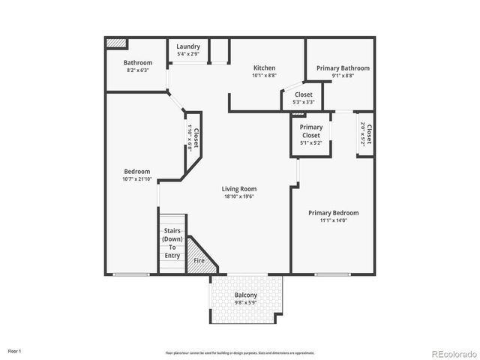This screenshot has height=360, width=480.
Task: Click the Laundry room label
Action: point(188,46)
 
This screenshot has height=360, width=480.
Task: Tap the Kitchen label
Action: point(264,67)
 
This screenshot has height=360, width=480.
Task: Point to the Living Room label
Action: point(239,189)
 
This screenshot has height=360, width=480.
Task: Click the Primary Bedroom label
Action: point(334,213)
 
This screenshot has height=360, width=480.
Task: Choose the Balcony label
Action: point(245,295)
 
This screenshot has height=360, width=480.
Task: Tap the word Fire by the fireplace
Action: point(199,260)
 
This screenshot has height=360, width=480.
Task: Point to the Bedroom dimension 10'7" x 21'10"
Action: point(137,178)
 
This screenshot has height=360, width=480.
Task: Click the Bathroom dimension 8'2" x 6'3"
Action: point(137,70)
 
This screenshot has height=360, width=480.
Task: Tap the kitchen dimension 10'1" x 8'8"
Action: point(264,76)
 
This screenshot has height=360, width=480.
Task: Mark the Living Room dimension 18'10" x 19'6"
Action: point(239,196)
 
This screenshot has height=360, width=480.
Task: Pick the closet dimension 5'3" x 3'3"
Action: point(304,102)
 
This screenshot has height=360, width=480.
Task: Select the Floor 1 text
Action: point(15,351)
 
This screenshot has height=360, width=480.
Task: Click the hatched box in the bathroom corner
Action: point(115,43)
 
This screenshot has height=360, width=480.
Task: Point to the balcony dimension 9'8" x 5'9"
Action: point(245,303)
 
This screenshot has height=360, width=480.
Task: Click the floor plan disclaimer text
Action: point(240,352)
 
